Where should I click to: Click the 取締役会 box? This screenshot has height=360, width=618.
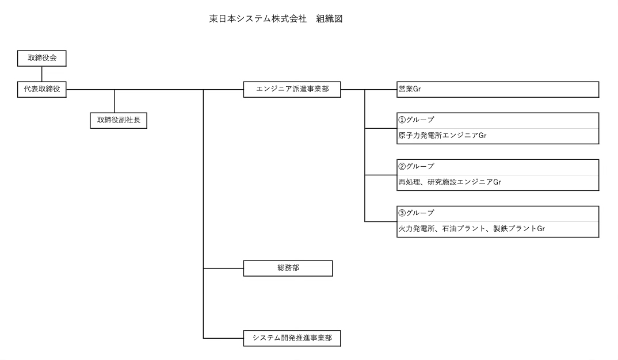point(42,58)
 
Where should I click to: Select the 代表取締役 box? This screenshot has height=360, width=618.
point(42,89)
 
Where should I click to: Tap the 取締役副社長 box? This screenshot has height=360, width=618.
point(119,121)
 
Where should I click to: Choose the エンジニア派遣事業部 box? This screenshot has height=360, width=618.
point(292,89)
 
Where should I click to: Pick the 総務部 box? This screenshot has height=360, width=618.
point(288,268)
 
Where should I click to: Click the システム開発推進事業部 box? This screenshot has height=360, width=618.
point(292,338)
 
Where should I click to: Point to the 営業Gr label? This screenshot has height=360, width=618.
point(410,89)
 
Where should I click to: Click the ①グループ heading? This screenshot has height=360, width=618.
point(416,120)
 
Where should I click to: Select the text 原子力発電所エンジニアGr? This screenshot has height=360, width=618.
point(442,136)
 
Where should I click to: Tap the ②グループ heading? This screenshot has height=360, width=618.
point(416,166)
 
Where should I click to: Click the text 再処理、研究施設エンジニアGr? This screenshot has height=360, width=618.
point(450,182)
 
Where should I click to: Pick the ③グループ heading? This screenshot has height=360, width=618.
point(416,213)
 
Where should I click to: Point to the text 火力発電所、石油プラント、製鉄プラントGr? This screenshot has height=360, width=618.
point(471,228)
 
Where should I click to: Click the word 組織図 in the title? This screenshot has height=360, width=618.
point(330,19)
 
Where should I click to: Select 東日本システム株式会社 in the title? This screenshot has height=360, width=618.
point(258,19)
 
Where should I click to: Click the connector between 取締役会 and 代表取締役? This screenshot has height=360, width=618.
point(42,74)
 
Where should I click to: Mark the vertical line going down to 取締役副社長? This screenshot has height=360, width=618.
point(115,101)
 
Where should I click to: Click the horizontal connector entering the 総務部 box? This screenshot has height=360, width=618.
point(223,268)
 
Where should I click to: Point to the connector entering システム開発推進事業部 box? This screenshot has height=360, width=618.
point(223,338)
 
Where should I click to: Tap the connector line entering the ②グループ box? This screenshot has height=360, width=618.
point(381,175)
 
